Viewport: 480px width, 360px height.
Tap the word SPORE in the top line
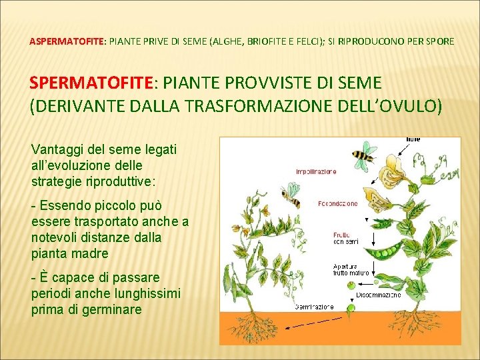click(x=439, y=41)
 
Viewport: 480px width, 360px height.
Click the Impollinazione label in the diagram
click(x=316, y=171)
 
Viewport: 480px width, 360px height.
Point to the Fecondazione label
click(x=337, y=203)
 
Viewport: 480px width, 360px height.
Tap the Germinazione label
click(x=314, y=307)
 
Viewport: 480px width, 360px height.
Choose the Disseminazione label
click(x=378, y=295)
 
